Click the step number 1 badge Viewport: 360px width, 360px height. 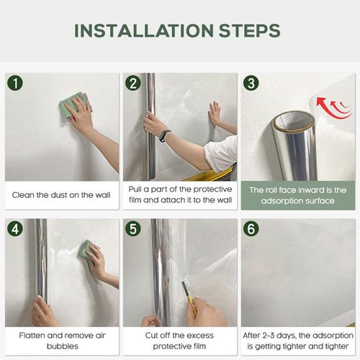pyautogui.click(x=15, y=83)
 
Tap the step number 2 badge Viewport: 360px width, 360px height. pyautogui.click(x=132, y=83)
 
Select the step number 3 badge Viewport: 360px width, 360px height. pyautogui.click(x=251, y=83)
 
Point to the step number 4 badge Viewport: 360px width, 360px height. pyautogui.click(x=15, y=230)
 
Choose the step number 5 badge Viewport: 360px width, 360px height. pyautogui.click(x=132, y=230)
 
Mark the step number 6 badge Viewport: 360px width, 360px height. pyautogui.click(x=251, y=230)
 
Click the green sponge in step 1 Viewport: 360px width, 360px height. pyautogui.click(x=73, y=104)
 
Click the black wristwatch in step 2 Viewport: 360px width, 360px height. pyautogui.click(x=165, y=135)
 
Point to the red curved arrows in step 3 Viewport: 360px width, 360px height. pyautogui.click(x=333, y=108)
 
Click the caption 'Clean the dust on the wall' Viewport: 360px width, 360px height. pyautogui.click(x=62, y=195)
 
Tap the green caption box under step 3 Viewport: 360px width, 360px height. pyautogui.click(x=297, y=195)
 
